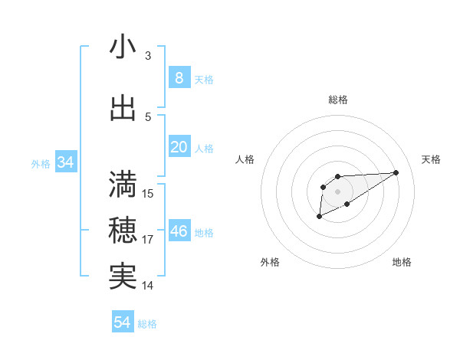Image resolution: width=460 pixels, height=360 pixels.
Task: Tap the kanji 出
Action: pos(123,108)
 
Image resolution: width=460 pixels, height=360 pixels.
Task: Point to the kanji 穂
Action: pos(123,230)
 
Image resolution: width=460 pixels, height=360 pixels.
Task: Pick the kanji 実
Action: pos(123,276)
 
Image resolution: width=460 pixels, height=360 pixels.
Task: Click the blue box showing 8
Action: pos(179,77)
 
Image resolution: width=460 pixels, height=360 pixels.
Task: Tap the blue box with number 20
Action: pos(179,147)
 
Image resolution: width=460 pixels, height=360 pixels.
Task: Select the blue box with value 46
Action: pos(179,231)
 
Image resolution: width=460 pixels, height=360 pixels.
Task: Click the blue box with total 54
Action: pos(123,322)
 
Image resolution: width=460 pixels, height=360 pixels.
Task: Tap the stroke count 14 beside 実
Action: pos(148,286)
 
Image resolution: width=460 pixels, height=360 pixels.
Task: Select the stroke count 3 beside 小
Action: pos(147,56)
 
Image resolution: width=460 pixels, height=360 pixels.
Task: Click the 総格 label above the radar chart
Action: pos(337,100)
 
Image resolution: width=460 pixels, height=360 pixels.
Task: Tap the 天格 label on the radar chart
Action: pos(431,159)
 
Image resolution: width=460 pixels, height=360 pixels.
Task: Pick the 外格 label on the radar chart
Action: pos(270,262)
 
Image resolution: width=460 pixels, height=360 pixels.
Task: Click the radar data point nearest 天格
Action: pos(396,172)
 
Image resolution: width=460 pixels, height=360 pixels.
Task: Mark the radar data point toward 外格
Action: pos(319,217)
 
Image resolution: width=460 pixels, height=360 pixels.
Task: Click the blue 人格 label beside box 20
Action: pos(204,148)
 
